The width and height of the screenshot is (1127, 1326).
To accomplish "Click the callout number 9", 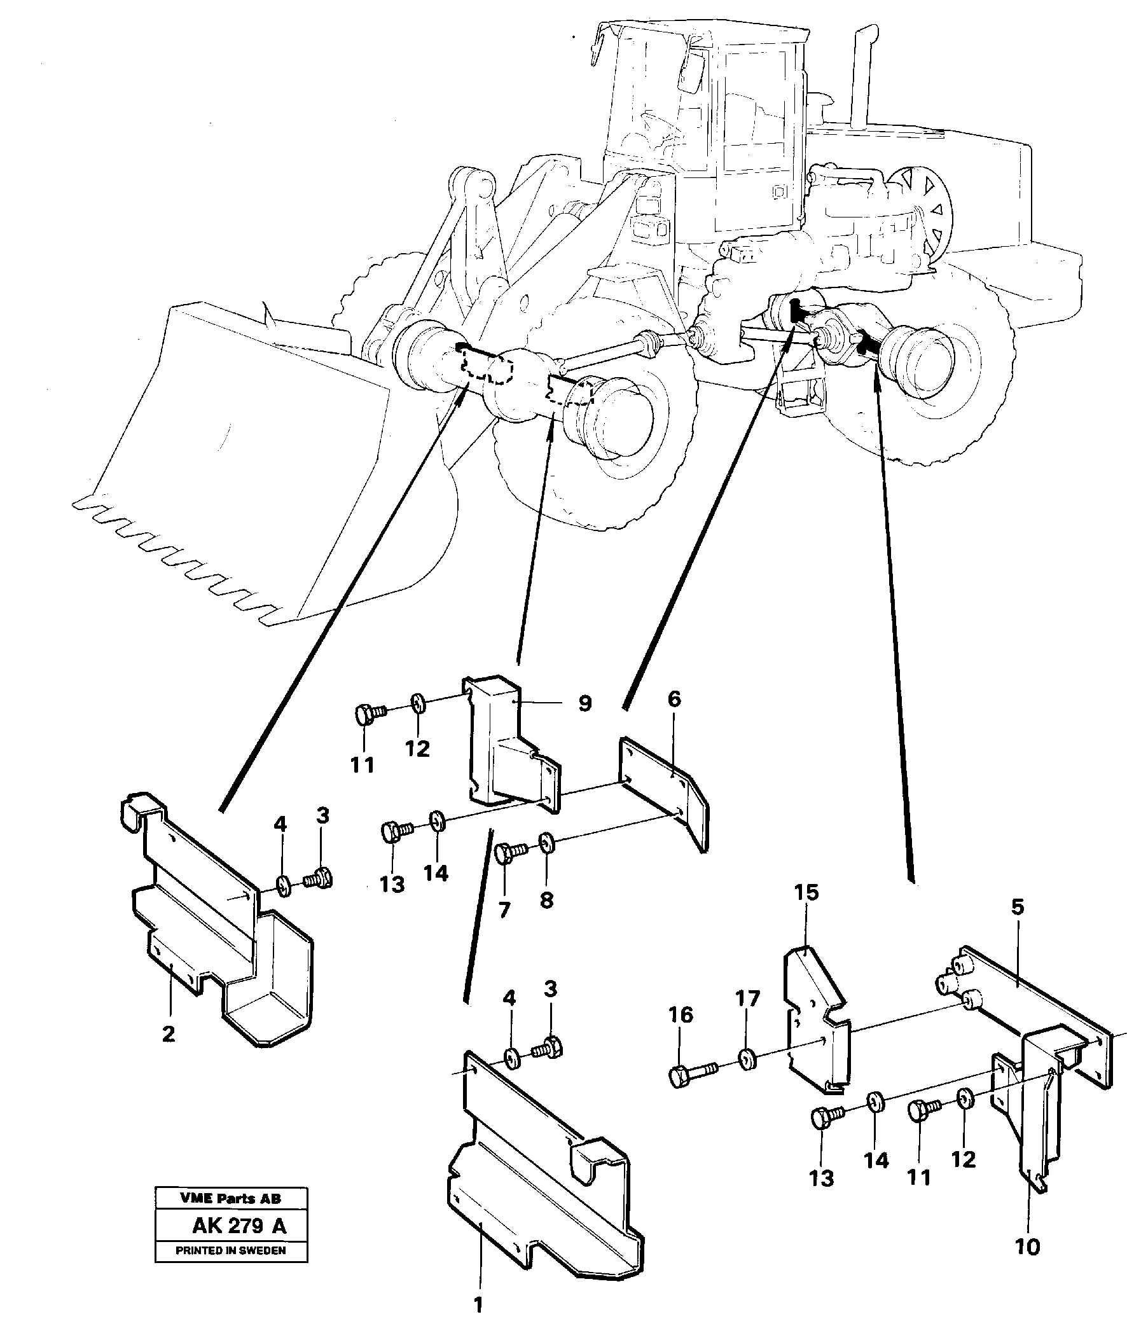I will click(584, 704).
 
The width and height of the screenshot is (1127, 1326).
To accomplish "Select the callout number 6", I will click(674, 700).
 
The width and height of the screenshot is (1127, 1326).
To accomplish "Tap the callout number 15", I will click(806, 892).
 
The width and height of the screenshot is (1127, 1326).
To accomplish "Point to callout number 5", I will click(1018, 907).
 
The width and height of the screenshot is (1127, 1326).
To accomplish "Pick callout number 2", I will click(168, 1033).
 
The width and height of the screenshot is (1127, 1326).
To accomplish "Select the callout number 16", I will click(681, 1014).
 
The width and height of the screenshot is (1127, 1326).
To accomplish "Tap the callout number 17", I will click(747, 998).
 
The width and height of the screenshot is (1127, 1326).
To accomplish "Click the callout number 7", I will click(504, 910).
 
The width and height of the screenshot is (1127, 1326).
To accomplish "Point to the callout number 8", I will click(546, 900).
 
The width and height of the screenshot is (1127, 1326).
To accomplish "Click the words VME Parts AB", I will click(231, 1198).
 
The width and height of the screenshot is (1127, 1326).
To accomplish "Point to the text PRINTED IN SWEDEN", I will click(231, 1250).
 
